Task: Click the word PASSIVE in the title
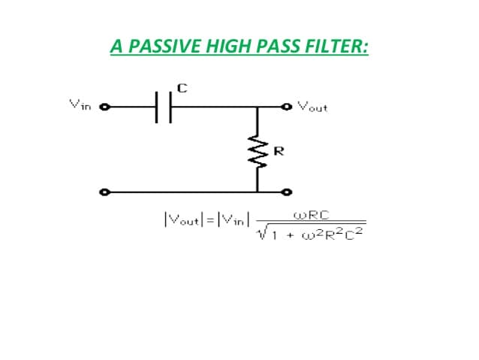click(x=164, y=46)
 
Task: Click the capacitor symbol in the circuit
click(x=164, y=107)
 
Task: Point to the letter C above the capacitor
click(x=182, y=89)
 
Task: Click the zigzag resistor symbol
click(x=258, y=152)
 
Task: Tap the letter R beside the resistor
click(x=279, y=151)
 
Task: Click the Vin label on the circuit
click(x=80, y=105)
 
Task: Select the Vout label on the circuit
click(x=312, y=107)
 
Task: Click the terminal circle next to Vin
click(x=105, y=107)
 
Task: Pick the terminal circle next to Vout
click(x=287, y=107)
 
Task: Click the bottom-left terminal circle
click(x=105, y=192)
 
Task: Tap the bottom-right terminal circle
click(x=287, y=192)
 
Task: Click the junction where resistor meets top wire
click(x=258, y=107)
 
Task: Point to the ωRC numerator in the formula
click(x=312, y=216)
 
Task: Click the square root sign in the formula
click(x=261, y=232)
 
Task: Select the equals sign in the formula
click(x=210, y=220)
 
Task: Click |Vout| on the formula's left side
click(x=183, y=219)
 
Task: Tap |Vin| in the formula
click(x=233, y=219)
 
